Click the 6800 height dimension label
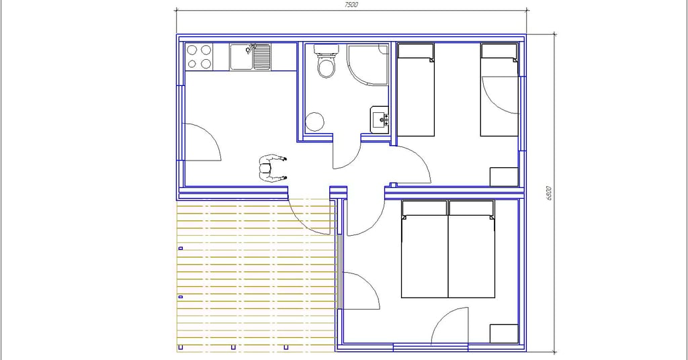pos(549,193)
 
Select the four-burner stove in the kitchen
pos(199,56)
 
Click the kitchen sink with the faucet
pos(250,56)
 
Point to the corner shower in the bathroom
pos(368,64)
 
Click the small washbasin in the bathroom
pos(380,119)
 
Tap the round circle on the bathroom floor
pos(314,122)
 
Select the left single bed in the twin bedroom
pos(415,89)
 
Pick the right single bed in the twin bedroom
pos(499,89)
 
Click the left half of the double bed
pos(425,249)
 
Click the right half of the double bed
pos(472,249)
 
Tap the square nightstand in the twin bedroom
pos(504,177)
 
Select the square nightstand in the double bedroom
pos(504,334)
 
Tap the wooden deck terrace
pos(256,275)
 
